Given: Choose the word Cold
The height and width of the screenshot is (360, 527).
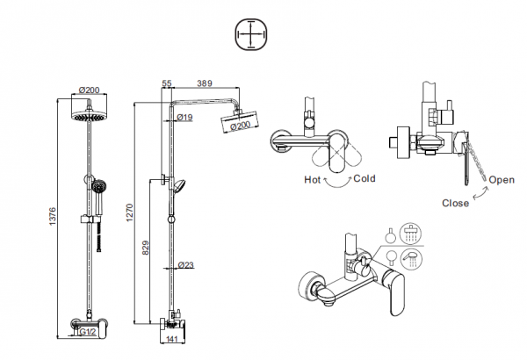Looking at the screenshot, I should [x=365, y=178].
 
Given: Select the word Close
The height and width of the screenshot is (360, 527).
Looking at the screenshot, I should [x=455, y=201].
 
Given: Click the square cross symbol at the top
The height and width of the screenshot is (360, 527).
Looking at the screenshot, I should [x=249, y=35].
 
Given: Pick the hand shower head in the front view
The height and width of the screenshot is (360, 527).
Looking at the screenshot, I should [x=99, y=186].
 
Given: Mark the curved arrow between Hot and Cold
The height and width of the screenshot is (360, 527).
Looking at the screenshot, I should [x=338, y=182].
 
